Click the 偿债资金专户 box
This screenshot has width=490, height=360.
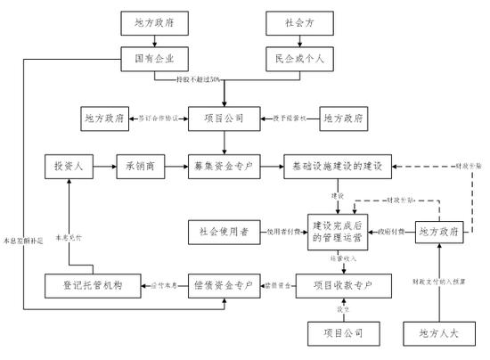224,285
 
